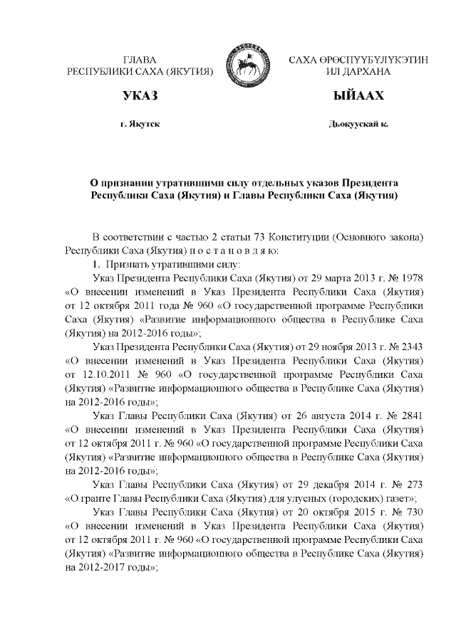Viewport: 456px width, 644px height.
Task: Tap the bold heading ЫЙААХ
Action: pyautogui.click(x=353, y=95)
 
